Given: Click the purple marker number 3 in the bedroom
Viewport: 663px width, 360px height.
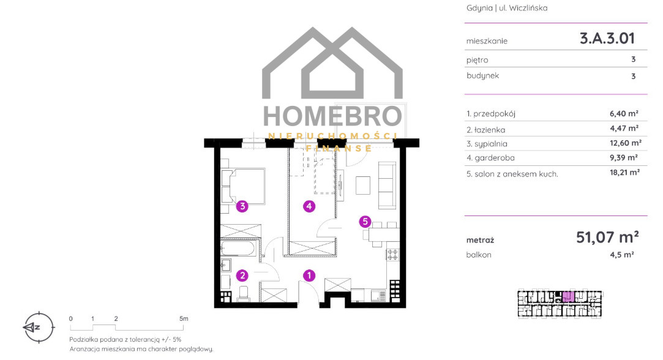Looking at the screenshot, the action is [x=242, y=206].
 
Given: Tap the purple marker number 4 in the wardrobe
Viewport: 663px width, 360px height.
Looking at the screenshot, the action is [x=309, y=206].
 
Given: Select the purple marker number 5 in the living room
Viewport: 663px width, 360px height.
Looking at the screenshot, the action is [x=365, y=221].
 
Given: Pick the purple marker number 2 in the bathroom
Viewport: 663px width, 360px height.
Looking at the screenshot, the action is [x=242, y=276].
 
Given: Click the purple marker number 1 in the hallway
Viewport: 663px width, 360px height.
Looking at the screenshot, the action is [x=309, y=276].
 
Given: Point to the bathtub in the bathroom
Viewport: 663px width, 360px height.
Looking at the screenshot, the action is [x=238, y=248].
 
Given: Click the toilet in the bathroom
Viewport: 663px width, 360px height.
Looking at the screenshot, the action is [x=244, y=293].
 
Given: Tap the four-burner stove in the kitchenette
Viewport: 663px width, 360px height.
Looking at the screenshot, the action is [x=392, y=254].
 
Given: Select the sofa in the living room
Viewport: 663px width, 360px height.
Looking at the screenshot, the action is [x=388, y=185].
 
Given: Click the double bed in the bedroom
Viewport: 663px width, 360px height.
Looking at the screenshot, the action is [x=243, y=186].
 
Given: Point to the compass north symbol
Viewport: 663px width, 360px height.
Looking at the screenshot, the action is [x=38, y=327].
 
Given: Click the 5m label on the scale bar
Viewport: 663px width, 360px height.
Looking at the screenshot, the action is [x=184, y=318].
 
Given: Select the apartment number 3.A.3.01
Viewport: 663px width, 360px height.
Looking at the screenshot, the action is [x=607, y=39].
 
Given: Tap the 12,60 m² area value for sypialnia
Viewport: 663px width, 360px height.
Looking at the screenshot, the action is [x=626, y=143].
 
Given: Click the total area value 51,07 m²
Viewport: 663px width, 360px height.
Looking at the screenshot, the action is [x=607, y=238].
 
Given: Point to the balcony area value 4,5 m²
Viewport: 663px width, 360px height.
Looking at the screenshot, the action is [x=621, y=255].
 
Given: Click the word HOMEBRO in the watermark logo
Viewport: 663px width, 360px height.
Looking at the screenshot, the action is [x=332, y=116].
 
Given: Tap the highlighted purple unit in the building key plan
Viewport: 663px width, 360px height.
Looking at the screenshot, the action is [x=568, y=296].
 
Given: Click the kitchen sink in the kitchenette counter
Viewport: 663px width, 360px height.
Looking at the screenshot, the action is [x=378, y=295].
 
